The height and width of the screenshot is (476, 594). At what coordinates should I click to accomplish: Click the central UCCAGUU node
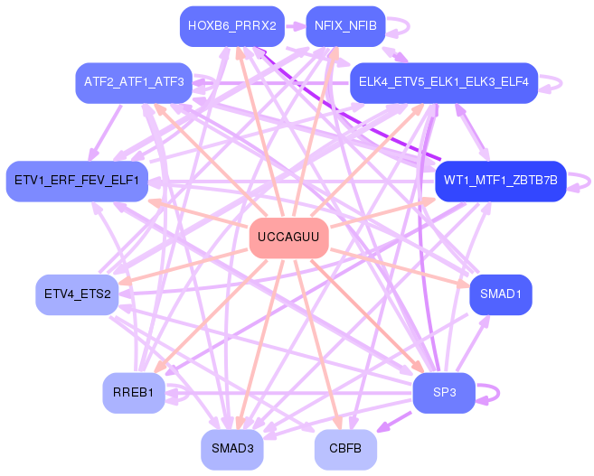pos(288,238)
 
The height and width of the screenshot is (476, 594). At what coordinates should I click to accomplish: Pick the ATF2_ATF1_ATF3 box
pos(134,82)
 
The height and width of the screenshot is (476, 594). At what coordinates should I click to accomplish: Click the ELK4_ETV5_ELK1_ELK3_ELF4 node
pos(444,82)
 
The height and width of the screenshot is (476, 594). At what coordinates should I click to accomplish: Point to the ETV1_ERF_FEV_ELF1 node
pos(76,181)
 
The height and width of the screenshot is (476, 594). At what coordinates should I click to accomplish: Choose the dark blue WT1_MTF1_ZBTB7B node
pos(500,181)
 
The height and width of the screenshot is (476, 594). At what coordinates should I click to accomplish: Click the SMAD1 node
pos(500,294)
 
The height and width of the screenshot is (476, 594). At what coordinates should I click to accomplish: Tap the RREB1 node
pos(134,393)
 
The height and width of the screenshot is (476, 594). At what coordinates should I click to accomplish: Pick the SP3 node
pos(444,393)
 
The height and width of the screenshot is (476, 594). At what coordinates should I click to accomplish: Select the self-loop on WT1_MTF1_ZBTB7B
pos(586,181)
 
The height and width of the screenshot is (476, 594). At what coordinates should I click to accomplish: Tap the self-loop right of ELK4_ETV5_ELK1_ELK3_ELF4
pos(558,82)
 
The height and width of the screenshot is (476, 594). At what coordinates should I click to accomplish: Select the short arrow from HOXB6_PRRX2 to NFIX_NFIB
pos(297,25)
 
